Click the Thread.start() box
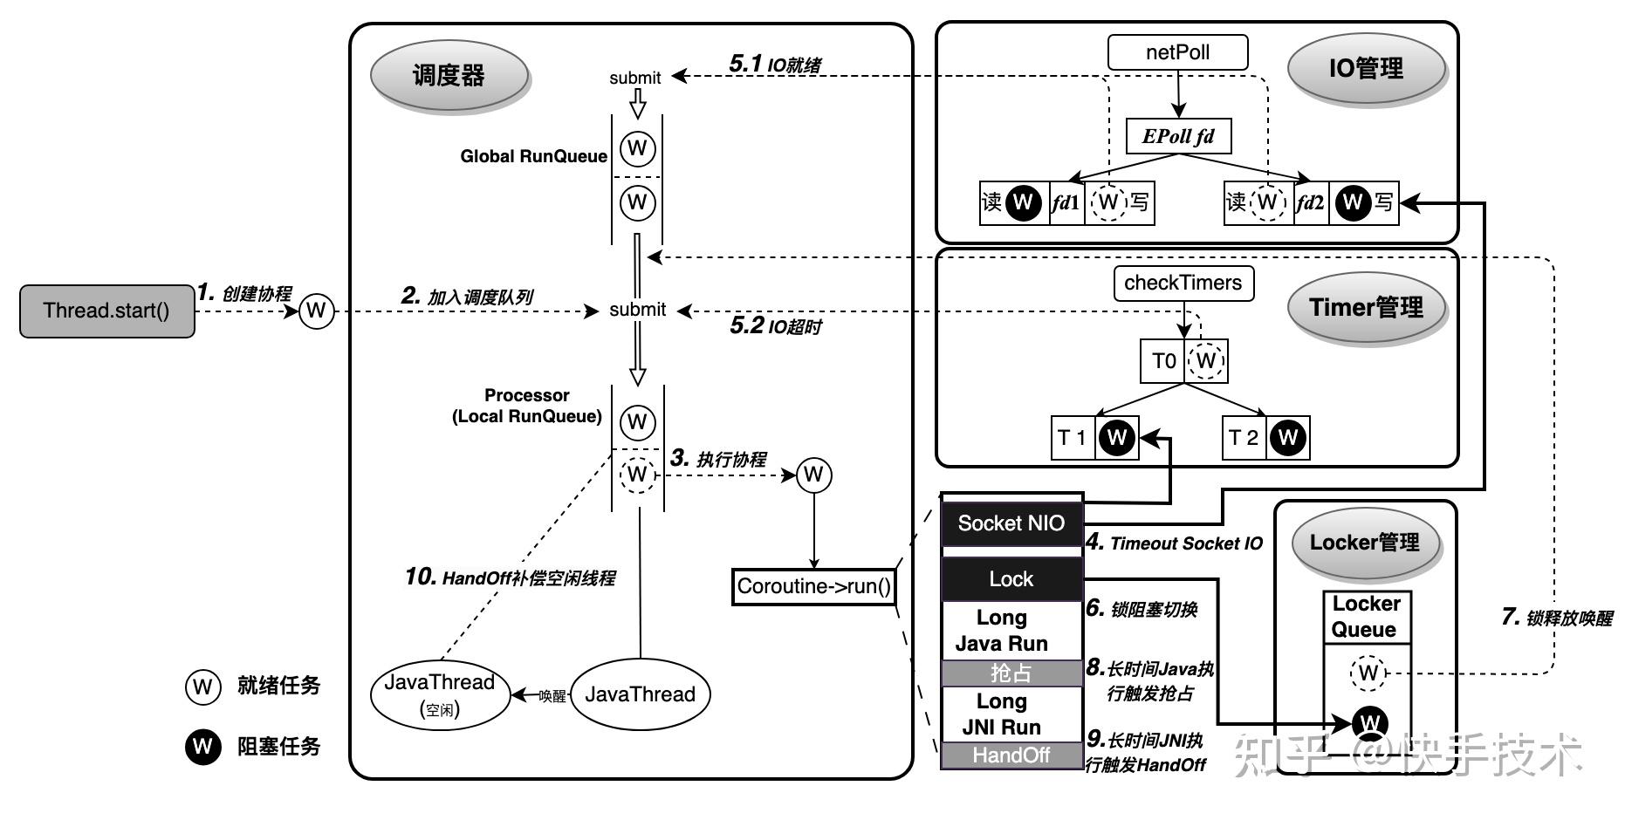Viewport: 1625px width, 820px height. tap(106, 311)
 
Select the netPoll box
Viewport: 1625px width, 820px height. tap(1177, 52)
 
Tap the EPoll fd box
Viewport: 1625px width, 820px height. tap(1178, 136)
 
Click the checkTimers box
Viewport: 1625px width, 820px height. tap(1183, 284)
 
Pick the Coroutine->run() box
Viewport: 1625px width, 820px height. tap(813, 586)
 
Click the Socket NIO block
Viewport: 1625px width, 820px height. tap(1011, 523)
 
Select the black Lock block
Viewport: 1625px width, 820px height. tap(1011, 579)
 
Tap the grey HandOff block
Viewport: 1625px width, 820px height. tap(1011, 755)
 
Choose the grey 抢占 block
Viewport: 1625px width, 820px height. tap(1011, 673)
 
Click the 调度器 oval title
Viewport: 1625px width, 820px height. tap(449, 75)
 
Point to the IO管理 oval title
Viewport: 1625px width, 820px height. tap(1366, 68)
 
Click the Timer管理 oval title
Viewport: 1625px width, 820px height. tap(1366, 308)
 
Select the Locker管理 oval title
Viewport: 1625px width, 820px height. tap(1364, 543)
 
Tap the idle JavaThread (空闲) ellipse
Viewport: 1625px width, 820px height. tap(439, 694)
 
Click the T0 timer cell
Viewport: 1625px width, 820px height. tap(1162, 361)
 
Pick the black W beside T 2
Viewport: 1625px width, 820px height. tap(1288, 438)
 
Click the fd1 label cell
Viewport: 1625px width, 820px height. tap(1066, 203)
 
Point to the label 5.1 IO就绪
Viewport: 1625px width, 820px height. tap(774, 64)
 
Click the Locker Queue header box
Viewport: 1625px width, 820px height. tap(1366, 617)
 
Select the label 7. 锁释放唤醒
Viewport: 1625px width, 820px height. tap(1556, 618)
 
